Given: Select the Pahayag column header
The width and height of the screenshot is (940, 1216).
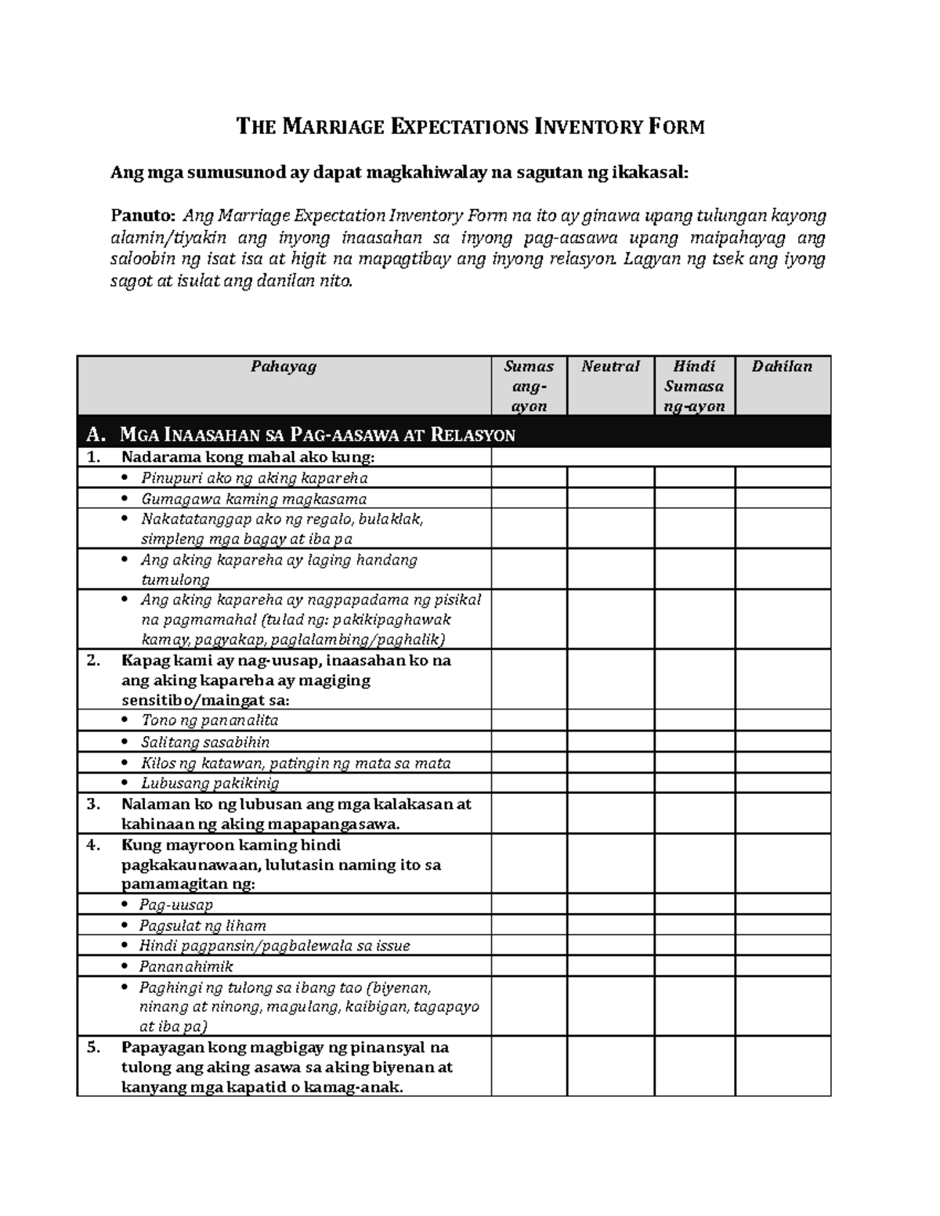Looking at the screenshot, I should coord(284,366).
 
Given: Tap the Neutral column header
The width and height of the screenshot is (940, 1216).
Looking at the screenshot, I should coord(610,366).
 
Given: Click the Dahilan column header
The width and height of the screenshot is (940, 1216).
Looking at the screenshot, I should coord(782,366).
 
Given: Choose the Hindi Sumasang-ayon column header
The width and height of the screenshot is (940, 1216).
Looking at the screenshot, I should coord(694,386).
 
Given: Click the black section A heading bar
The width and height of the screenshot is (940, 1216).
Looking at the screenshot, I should coord(454,434).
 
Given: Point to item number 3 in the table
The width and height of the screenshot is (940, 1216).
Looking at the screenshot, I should coord(94,804).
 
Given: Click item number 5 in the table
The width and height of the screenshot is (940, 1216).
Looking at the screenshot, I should coord(94,1048).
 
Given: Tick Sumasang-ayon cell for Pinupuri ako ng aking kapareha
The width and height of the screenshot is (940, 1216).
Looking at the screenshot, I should coord(529,478).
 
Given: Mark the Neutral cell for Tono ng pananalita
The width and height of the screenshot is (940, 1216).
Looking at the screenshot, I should coord(610,720).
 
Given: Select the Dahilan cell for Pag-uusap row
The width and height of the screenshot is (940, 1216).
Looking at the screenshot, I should coord(782,904).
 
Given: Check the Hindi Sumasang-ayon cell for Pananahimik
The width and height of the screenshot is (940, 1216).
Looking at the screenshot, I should coord(694,966).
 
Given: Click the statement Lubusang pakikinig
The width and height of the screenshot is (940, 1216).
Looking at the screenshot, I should coord(209,783).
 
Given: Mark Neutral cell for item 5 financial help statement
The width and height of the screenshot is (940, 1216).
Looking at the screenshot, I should coord(610,1066).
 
